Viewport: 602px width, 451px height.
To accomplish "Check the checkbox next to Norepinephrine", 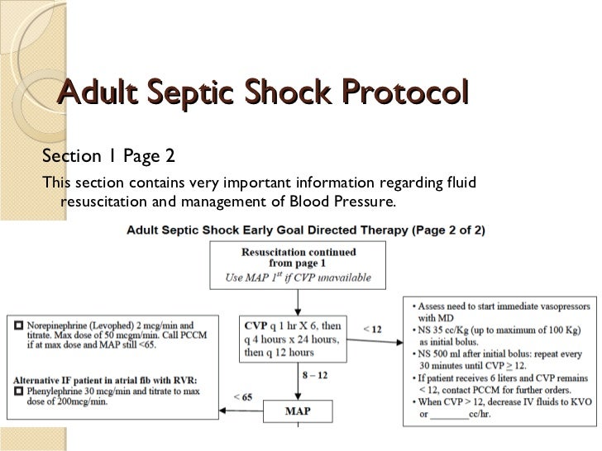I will tap(17, 325).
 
